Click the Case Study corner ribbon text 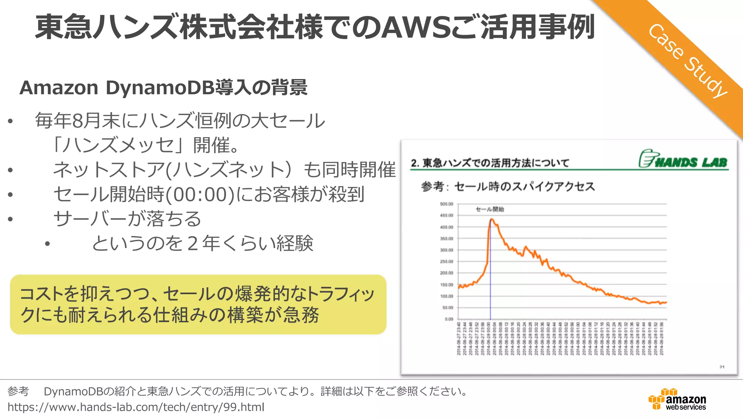pyautogui.click(x=687, y=60)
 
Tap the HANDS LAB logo pyautogui.click(x=683, y=159)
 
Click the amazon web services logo pyautogui.click(x=677, y=399)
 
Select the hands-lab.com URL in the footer pyautogui.click(x=136, y=407)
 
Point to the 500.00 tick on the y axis pyautogui.click(x=446, y=204)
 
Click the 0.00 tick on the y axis pyautogui.click(x=448, y=319)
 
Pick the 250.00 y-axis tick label pyautogui.click(x=446, y=262)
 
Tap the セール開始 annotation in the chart pyautogui.click(x=489, y=209)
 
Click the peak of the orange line pyautogui.click(x=492, y=219)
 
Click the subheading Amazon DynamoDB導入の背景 pyautogui.click(x=163, y=88)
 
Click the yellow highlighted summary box pyautogui.click(x=198, y=304)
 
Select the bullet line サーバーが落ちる pyautogui.click(x=127, y=219)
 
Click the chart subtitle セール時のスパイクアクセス pyautogui.click(x=524, y=187)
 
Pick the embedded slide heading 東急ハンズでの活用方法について pyautogui.click(x=496, y=163)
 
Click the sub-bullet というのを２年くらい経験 pyautogui.click(x=202, y=243)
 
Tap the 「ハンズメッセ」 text pyautogui.click(x=120, y=145)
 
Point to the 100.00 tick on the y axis pyautogui.click(x=446, y=296)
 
